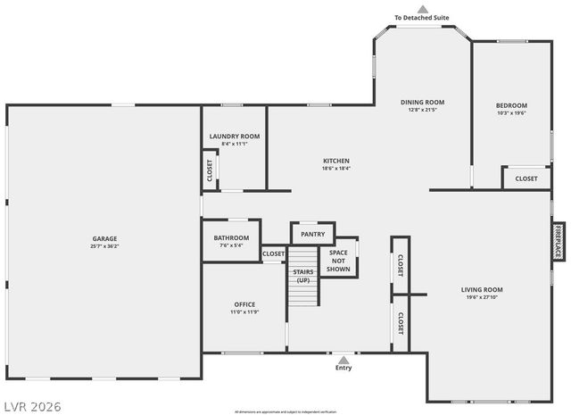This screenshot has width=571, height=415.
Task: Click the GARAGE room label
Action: click(x=104, y=238)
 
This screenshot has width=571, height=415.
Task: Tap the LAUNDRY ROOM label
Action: click(x=235, y=137)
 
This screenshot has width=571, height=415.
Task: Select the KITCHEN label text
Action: click(x=336, y=162)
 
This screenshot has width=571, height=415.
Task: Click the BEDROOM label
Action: click(x=511, y=105)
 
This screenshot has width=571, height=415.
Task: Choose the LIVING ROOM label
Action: click(x=482, y=289)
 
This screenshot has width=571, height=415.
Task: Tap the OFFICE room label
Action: click(x=244, y=304)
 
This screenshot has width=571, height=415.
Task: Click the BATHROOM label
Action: click(x=231, y=238)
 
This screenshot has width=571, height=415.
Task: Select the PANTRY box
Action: click(x=312, y=234)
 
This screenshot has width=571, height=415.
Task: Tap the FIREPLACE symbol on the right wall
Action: click(x=558, y=241)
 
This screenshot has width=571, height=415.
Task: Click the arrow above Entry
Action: click(x=343, y=359)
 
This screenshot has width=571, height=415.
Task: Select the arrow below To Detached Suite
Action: click(x=423, y=9)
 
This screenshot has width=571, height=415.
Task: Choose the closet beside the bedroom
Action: click(x=526, y=178)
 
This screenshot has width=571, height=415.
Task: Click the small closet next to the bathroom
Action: click(x=274, y=254)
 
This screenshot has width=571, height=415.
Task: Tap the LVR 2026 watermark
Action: click(x=31, y=406)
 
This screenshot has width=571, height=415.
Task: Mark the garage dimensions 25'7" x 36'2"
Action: click(x=104, y=246)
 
